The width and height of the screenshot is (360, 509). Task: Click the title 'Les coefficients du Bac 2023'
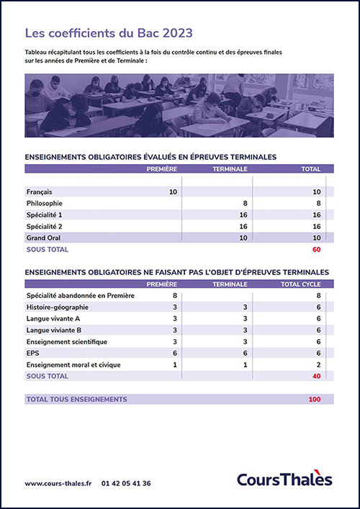pyautogui.click(x=109, y=33)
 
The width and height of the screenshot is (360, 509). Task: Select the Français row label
pyautogui.click(x=40, y=192)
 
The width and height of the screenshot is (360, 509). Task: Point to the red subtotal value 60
pyautogui.click(x=316, y=250)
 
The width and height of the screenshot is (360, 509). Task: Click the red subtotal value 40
pyautogui.click(x=316, y=376)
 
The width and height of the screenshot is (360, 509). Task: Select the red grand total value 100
pyautogui.click(x=315, y=399)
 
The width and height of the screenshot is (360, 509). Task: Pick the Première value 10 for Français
pyautogui.click(x=173, y=192)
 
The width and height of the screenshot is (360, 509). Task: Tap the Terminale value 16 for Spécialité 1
pyautogui.click(x=243, y=215)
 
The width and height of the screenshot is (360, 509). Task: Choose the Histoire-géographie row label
pyautogui.click(x=58, y=307)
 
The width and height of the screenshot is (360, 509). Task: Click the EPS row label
pyautogui.click(x=33, y=353)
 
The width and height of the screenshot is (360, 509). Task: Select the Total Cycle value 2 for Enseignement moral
pyautogui.click(x=318, y=365)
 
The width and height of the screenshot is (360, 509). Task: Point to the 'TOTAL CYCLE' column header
pyautogui.click(x=300, y=284)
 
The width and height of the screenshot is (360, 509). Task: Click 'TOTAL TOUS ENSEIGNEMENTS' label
pyautogui.click(x=76, y=399)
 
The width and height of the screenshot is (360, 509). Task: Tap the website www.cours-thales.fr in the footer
pyautogui.click(x=58, y=483)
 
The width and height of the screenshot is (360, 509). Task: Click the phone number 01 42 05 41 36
pyautogui.click(x=126, y=483)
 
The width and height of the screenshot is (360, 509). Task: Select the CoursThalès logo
pyautogui.click(x=284, y=479)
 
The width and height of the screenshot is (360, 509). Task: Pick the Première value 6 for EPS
pyautogui.click(x=174, y=353)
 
